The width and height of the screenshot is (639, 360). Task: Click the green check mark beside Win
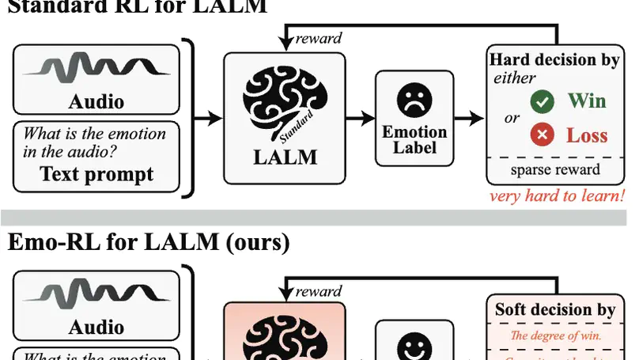[x=542, y=102]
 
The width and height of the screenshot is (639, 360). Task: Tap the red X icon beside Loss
[x=542, y=135]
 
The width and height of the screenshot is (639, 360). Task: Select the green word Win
[x=586, y=101]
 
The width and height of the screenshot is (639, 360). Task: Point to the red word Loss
[x=586, y=135]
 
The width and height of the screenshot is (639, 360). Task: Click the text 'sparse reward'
[x=554, y=169]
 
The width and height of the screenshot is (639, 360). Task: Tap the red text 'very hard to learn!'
[x=556, y=196]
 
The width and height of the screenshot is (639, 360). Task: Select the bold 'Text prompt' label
[x=96, y=175]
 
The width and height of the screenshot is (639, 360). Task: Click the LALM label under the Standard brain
[x=285, y=156]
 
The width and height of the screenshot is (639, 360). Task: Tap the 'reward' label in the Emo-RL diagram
[x=319, y=292]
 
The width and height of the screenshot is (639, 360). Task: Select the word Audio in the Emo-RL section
[x=96, y=327]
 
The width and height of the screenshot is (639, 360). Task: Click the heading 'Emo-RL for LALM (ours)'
[x=148, y=241]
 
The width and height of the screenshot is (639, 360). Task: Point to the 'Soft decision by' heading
[x=554, y=309]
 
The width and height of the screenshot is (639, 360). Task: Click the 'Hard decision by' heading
[x=554, y=61]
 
